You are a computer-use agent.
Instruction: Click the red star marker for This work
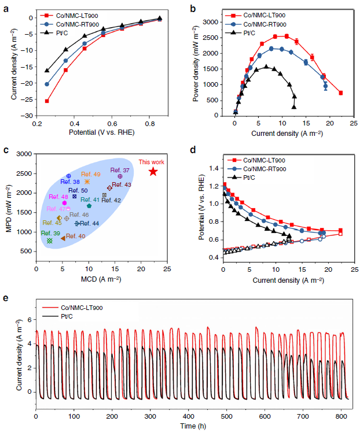click(153, 172)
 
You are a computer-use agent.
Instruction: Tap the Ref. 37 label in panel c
click(120, 171)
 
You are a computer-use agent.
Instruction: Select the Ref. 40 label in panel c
click(75, 236)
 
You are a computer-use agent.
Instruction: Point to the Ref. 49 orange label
click(90, 174)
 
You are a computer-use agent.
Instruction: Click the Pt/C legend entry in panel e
click(69, 318)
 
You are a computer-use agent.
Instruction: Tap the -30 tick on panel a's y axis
click(27, 116)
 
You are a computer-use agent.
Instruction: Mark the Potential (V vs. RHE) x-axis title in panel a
click(98, 132)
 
